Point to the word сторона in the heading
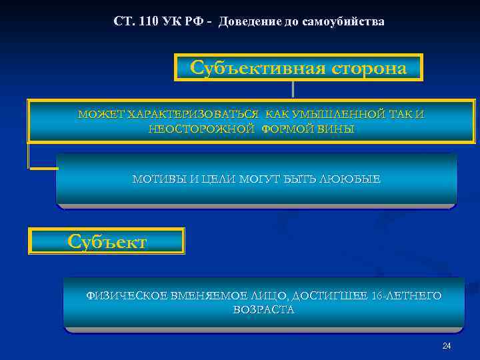(x=363, y=68)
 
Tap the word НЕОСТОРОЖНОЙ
(x=201, y=129)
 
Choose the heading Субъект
(x=107, y=241)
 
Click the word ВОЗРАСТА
(x=263, y=310)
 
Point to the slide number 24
(x=447, y=345)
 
